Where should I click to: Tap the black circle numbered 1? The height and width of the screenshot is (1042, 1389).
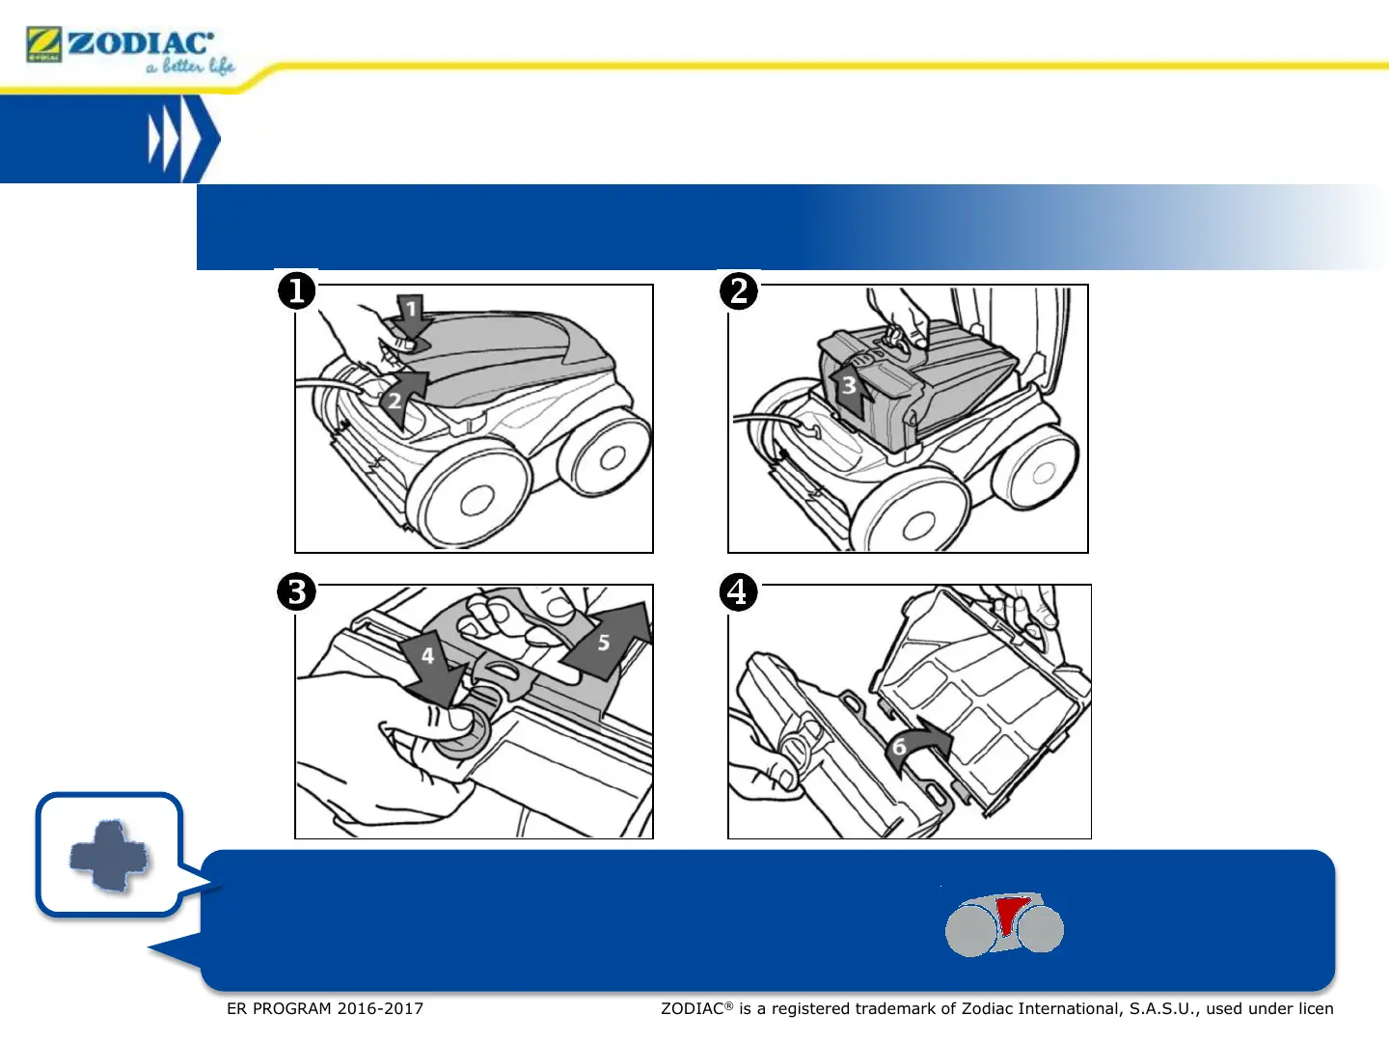(297, 290)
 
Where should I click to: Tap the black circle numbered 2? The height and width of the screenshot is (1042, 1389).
(739, 290)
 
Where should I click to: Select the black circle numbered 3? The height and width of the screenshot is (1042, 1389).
(297, 591)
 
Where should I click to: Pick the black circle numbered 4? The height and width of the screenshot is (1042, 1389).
(739, 591)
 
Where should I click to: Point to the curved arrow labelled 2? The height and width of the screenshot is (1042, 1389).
(401, 396)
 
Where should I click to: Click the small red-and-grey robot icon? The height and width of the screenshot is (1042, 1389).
(1004, 924)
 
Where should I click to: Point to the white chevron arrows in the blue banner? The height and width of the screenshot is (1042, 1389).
(177, 139)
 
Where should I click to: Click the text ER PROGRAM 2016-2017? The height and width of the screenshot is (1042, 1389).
(325, 1008)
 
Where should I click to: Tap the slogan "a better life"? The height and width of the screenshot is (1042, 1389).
(191, 66)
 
